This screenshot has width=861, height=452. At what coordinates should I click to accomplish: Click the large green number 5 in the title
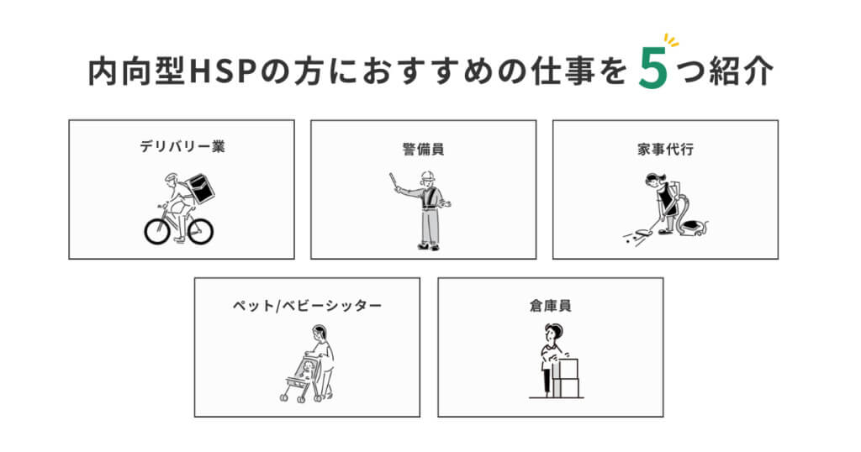pyautogui.click(x=652, y=69)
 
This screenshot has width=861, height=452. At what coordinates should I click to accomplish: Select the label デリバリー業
pyautogui.click(x=182, y=146)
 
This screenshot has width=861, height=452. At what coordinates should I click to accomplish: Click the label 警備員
pyautogui.click(x=423, y=149)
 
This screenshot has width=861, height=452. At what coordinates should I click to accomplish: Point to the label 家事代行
pyautogui.click(x=665, y=149)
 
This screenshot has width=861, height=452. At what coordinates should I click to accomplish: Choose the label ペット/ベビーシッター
pyautogui.click(x=307, y=306)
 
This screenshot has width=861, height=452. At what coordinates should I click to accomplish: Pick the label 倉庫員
pyautogui.click(x=550, y=306)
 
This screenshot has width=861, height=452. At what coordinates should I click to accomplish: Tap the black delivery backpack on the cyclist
pyautogui.click(x=200, y=188)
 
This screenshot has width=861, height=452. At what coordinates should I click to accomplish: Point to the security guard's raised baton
pyautogui.click(x=394, y=181)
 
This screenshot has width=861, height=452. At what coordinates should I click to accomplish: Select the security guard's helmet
pyautogui.click(x=427, y=176)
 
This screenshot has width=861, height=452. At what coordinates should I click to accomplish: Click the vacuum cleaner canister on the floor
pyautogui.click(x=694, y=227)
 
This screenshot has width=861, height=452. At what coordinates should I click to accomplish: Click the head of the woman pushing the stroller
pyautogui.click(x=319, y=334)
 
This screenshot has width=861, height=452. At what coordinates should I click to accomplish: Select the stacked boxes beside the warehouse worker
pyautogui.click(x=566, y=379)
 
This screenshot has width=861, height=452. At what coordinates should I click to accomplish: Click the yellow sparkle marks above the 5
pyautogui.click(x=671, y=40)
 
